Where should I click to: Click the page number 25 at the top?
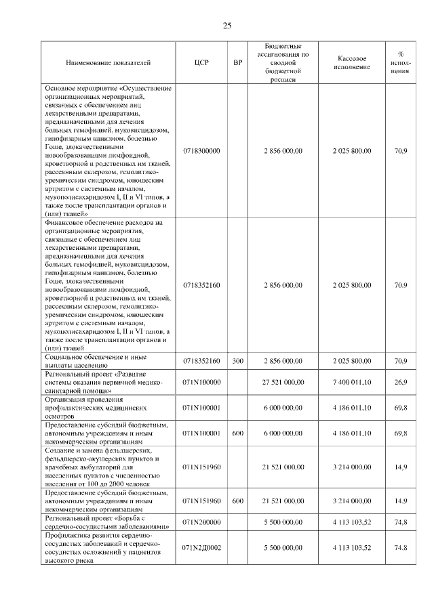[x=228, y=26]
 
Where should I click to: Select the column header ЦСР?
[x=201, y=63]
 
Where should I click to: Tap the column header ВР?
[x=237, y=63]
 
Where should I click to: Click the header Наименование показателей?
[x=108, y=63]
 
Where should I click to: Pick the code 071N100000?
[x=201, y=383]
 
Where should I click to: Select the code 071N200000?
[x=201, y=522]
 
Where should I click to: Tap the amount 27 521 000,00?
[x=283, y=383]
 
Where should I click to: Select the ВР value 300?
[x=237, y=361]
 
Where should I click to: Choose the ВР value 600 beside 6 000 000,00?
[x=237, y=433]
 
